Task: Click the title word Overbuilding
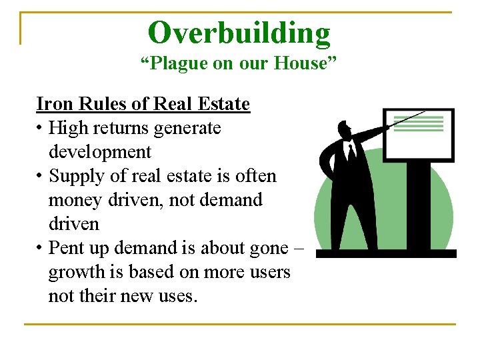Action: click(239, 33)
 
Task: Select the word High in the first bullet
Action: click(65, 128)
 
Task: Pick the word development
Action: click(100, 152)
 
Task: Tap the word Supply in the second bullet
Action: click(75, 176)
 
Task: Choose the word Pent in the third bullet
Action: click(65, 248)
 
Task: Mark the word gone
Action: click(268, 248)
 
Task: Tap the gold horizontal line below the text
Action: click(239, 324)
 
